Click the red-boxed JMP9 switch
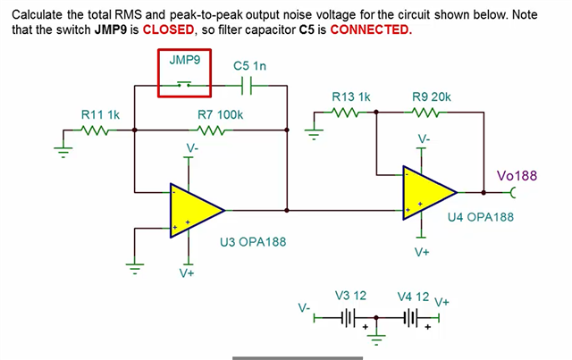click(x=184, y=84)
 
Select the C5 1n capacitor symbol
click(x=248, y=86)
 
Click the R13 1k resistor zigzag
click(x=344, y=113)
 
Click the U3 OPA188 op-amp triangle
click(x=194, y=210)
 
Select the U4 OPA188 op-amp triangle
click(x=428, y=191)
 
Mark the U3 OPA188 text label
click(x=252, y=242)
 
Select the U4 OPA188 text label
click(x=480, y=217)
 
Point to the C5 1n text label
click(x=249, y=65)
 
